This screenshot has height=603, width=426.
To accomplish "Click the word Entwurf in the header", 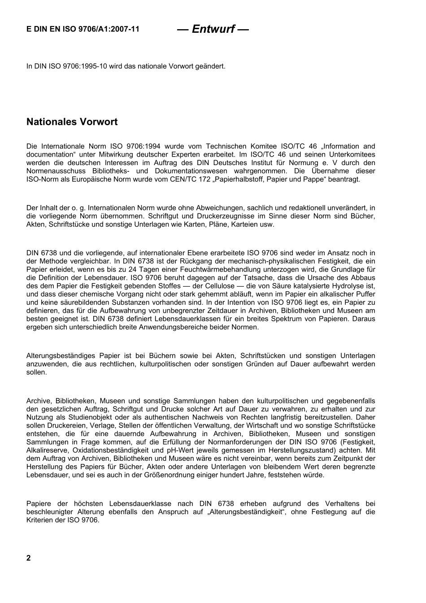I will point(213,29).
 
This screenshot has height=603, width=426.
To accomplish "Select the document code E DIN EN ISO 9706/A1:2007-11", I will point(83,29).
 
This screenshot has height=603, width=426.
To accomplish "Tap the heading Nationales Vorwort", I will point(72,122).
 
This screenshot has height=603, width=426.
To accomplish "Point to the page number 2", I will point(29,558).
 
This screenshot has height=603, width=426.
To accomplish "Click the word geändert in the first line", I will point(211,66).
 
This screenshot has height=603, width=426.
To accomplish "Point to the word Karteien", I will point(244,224).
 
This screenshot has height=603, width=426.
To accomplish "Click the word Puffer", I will point(365,294).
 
